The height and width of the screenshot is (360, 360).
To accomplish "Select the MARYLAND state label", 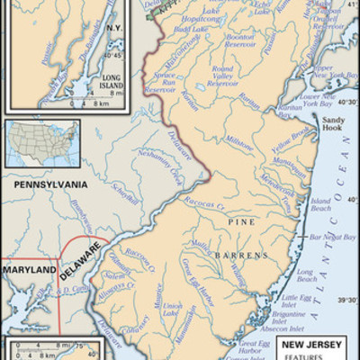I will coord(26,269).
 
